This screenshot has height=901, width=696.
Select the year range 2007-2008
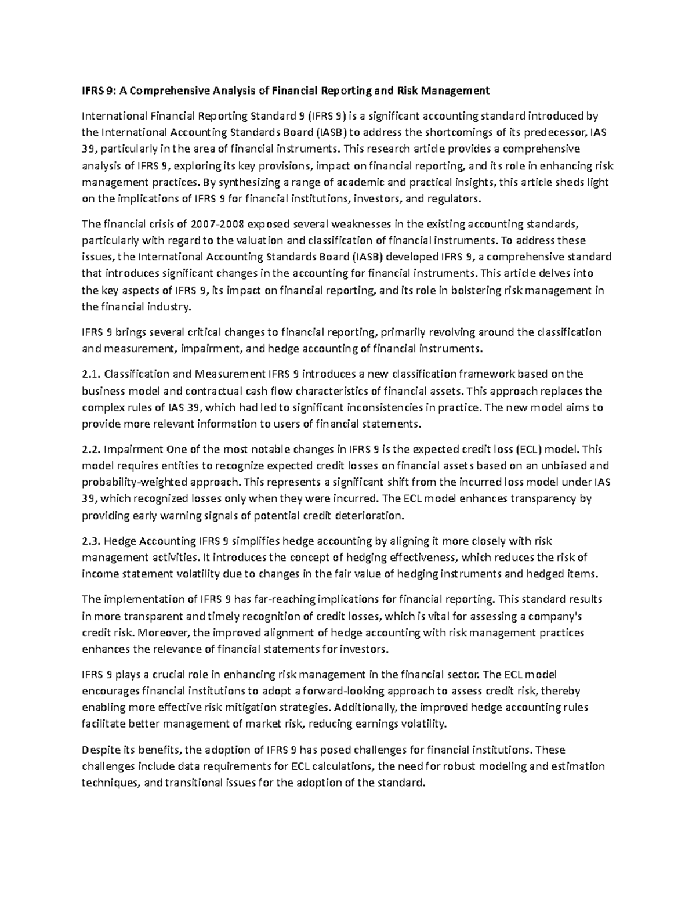click(211, 224)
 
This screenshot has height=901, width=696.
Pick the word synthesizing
click(246, 182)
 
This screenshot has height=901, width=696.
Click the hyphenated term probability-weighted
click(159, 482)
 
